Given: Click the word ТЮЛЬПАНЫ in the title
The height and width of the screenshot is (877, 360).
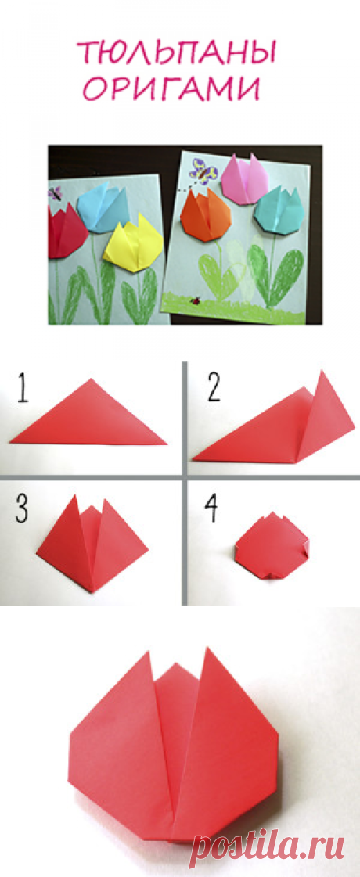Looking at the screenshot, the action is (x=178, y=53).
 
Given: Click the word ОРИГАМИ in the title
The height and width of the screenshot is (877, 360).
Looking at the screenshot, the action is (x=172, y=88).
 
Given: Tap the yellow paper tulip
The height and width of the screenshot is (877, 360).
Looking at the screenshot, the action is (x=134, y=247).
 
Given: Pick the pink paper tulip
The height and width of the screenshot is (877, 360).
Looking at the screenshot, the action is (x=245, y=178).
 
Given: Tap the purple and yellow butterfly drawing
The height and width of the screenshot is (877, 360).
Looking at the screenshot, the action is (x=203, y=171).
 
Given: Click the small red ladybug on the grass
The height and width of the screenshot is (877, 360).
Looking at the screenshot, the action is (x=196, y=301).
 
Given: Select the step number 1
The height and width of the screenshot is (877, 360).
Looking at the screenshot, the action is (x=23, y=390).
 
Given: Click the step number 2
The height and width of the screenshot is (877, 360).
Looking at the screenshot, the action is (x=214, y=390).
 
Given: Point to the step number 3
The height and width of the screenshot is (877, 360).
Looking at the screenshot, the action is (x=23, y=509).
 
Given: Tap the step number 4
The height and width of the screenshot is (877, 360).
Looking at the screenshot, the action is (x=211, y=509).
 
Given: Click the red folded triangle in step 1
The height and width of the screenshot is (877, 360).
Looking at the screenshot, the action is (x=89, y=417).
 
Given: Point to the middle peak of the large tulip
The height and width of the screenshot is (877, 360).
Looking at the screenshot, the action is (x=175, y=665).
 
